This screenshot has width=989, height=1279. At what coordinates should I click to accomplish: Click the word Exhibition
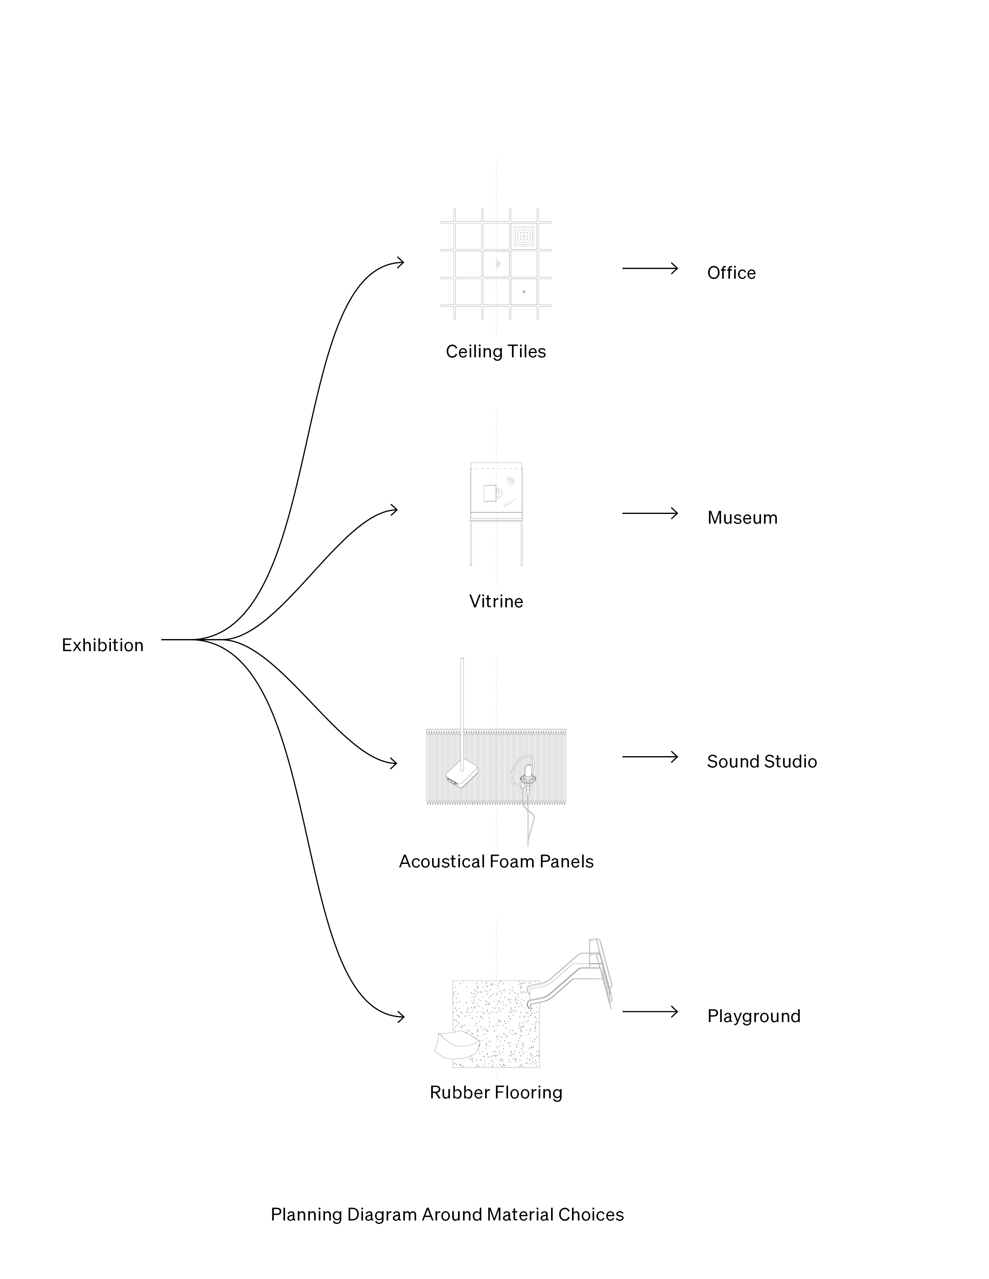pyautogui.click(x=102, y=645)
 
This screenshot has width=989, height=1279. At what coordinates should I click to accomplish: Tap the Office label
pyautogui.click(x=731, y=273)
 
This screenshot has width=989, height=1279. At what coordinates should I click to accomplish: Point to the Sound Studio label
pyautogui.click(x=762, y=761)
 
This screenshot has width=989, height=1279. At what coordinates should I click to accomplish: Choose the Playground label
pyautogui.click(x=754, y=1016)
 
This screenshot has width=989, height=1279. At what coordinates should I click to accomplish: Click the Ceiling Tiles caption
pyautogui.click(x=496, y=352)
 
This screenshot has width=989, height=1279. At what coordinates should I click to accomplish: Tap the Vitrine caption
pyautogui.click(x=496, y=602)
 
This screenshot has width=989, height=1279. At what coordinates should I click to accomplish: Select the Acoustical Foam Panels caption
pyautogui.click(x=496, y=862)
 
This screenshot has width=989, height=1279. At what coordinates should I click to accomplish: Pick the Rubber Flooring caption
pyautogui.click(x=496, y=1092)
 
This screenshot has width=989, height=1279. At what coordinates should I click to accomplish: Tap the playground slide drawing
pyautogui.click(x=571, y=975)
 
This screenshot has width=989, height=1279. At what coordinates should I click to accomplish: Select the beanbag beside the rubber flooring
pyautogui.click(x=457, y=1044)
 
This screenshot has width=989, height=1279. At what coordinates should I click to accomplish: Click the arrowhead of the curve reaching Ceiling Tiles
pyautogui.click(x=401, y=262)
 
